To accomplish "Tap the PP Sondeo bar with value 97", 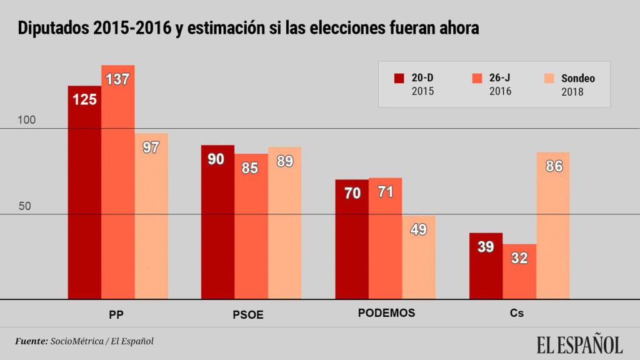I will pyautogui.click(x=151, y=219).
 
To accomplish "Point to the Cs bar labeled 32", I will pyautogui.click(x=519, y=275).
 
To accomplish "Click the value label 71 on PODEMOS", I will pyautogui.click(x=385, y=192).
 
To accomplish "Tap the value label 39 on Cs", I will pyautogui.click(x=486, y=247).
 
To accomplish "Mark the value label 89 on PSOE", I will pyautogui.click(x=285, y=161).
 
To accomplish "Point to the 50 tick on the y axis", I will pyautogui.click(x=24, y=206).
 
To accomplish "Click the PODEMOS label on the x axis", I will pyautogui.click(x=386, y=313).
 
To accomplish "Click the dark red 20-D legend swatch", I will pyautogui.click(x=399, y=79).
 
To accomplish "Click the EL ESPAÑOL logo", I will pyautogui.click(x=579, y=344).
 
